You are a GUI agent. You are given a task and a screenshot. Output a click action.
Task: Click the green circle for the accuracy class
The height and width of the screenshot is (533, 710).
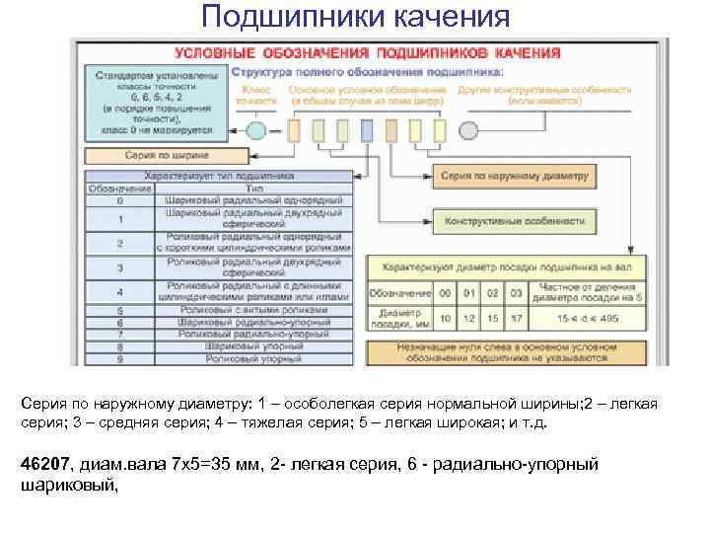pos(256,130)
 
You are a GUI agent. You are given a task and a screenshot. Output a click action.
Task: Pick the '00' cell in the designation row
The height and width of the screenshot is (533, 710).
pos(446,293)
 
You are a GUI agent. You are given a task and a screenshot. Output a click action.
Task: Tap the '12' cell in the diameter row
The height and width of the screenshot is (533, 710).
pos(469,318)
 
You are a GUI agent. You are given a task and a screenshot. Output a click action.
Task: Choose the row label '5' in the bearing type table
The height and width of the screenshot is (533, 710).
pos(119,310)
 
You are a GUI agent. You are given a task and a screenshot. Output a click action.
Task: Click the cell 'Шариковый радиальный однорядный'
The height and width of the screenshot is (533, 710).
pos(254,199)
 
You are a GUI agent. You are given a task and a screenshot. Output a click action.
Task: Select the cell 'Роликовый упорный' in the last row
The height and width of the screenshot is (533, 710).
pos(254,359)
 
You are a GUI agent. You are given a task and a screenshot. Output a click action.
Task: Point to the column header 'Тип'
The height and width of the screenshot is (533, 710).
pos(254,188)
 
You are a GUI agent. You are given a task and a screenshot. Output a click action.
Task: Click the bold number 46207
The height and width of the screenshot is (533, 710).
pos(43,464)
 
